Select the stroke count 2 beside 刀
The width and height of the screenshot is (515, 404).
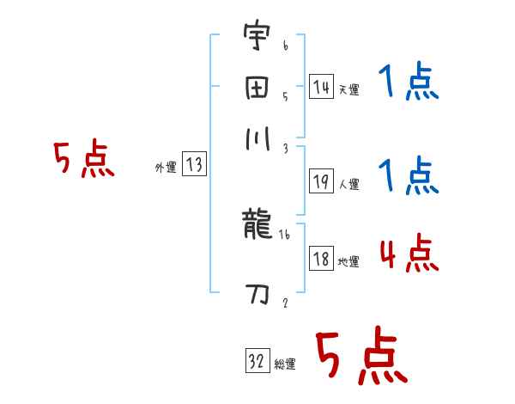click(x=285, y=303)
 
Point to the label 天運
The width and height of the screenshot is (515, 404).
click(x=348, y=89)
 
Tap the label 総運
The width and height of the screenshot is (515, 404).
click(x=285, y=364)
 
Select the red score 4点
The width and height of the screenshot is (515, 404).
click(x=409, y=255)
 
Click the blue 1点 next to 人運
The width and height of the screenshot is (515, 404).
click(x=409, y=177)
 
